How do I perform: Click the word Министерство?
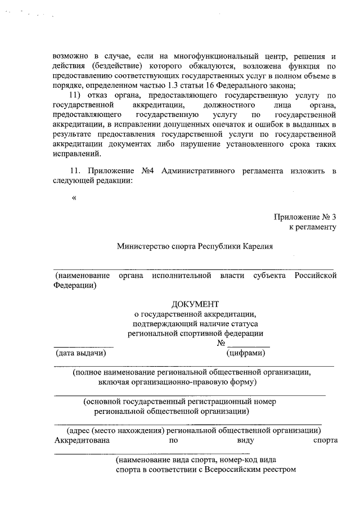tap(141, 246)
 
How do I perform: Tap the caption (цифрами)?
tap(246, 354)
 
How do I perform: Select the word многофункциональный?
tap(218, 56)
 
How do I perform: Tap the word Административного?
tap(197, 170)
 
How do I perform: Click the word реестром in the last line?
tap(279, 470)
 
